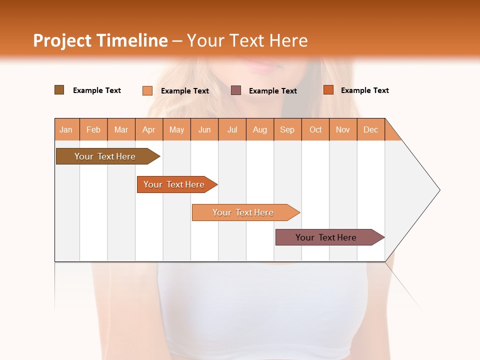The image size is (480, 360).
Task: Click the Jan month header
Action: point(66,129)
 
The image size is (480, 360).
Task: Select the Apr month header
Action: point(149,129)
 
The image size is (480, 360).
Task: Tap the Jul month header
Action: point(232,129)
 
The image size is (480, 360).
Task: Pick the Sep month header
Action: point(287,129)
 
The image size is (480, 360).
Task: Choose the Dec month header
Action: point(371,129)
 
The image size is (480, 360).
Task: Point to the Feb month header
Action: point(93,129)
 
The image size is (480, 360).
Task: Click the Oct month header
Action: point(315,129)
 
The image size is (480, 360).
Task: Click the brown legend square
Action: point(59,90)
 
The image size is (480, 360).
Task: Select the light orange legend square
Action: point(147,90)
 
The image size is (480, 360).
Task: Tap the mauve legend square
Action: point(236,90)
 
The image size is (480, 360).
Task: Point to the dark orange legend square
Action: point(328,90)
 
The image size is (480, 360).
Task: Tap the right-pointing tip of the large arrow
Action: point(438,190)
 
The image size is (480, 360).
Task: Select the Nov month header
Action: point(343,129)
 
